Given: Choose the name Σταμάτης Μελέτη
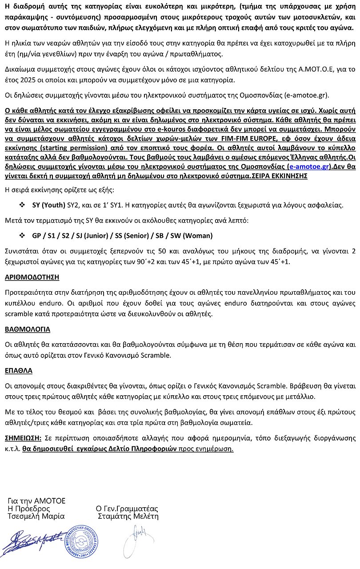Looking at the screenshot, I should coord(128,517).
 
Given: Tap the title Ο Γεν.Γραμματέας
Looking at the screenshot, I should coord(127,509).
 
